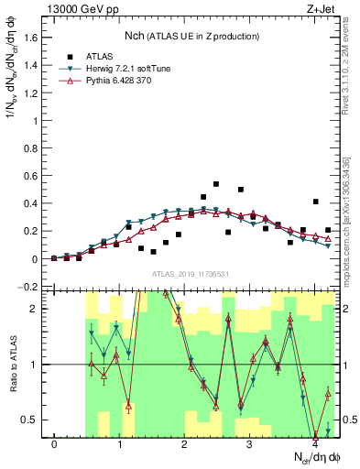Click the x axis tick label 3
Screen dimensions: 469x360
tap(250, 444)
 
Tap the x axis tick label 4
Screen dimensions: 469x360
tap(315, 444)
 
